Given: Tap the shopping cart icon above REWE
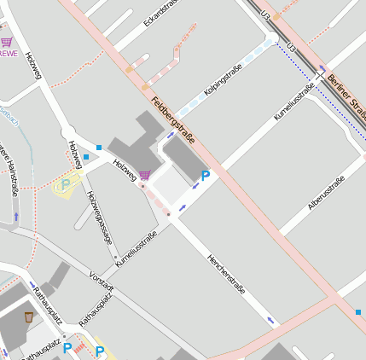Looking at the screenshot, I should (x=7, y=40).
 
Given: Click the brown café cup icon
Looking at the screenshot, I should (x=28, y=316).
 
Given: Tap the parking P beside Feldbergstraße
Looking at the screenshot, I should (x=205, y=176).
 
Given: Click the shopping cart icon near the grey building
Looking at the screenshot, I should (x=144, y=175).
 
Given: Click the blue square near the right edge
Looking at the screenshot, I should (x=357, y=312).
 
